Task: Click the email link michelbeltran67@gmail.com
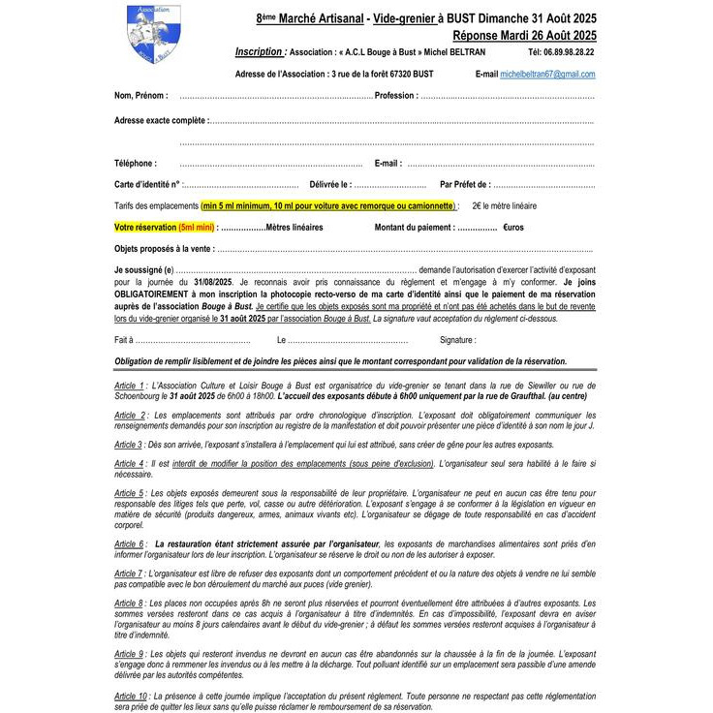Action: click(547, 74)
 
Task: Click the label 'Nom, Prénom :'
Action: click(140, 96)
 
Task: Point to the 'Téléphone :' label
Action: click(135, 164)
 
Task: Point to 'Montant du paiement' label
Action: click(415, 227)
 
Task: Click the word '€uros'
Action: click(513, 227)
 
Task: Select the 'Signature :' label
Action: click(458, 340)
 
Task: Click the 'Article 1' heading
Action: click(130, 385)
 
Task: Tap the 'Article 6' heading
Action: click(130, 543)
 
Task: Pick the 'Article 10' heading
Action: click(131, 696)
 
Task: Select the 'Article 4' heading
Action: click(129, 464)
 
